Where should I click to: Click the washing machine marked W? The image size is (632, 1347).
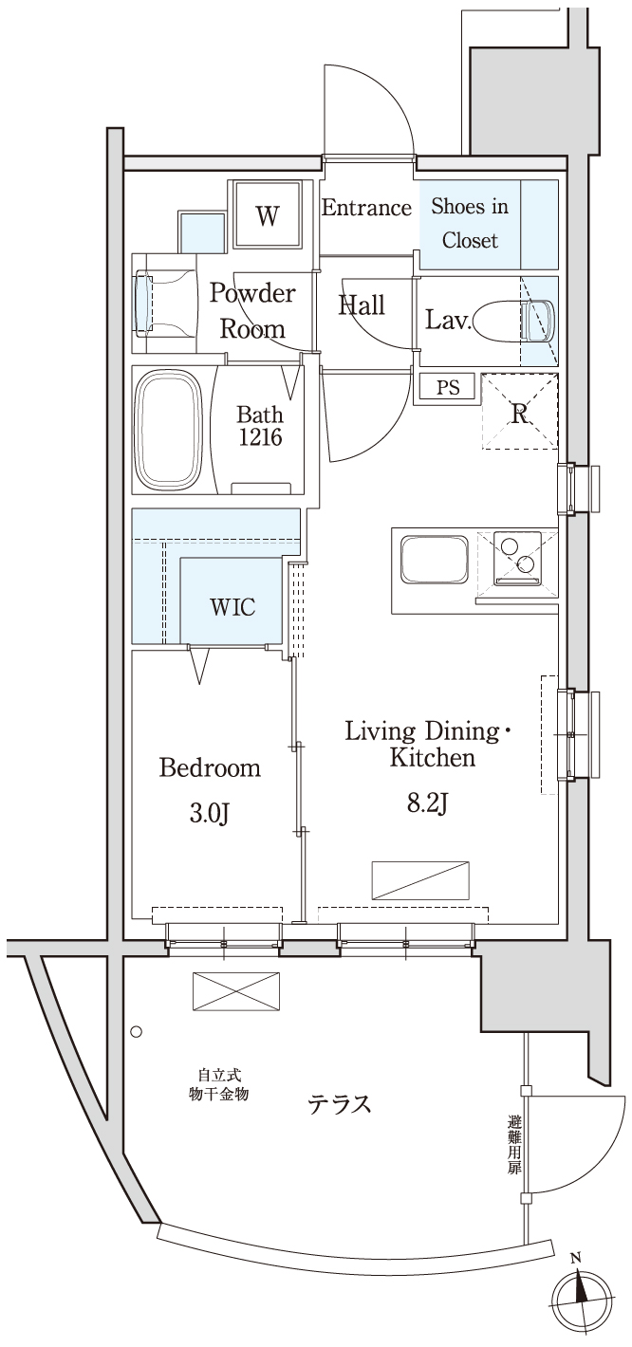coord(268,214)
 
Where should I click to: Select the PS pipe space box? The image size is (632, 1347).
coord(448,387)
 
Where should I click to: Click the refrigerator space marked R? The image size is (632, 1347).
coord(520,412)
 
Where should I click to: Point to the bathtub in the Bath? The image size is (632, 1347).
coord(169,430)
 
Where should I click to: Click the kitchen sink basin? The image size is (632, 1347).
coord(435,559)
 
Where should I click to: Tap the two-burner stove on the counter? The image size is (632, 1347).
coord(517,558)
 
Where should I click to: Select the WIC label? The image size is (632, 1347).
coord(232,607)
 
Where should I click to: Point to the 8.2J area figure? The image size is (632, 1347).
coord(428,803)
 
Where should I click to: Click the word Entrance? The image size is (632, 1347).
coord(366,208)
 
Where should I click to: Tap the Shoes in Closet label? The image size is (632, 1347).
coord(470,223)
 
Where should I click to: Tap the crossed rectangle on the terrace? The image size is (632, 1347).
coord(235,991)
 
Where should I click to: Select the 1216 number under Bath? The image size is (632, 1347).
coord(260,437)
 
